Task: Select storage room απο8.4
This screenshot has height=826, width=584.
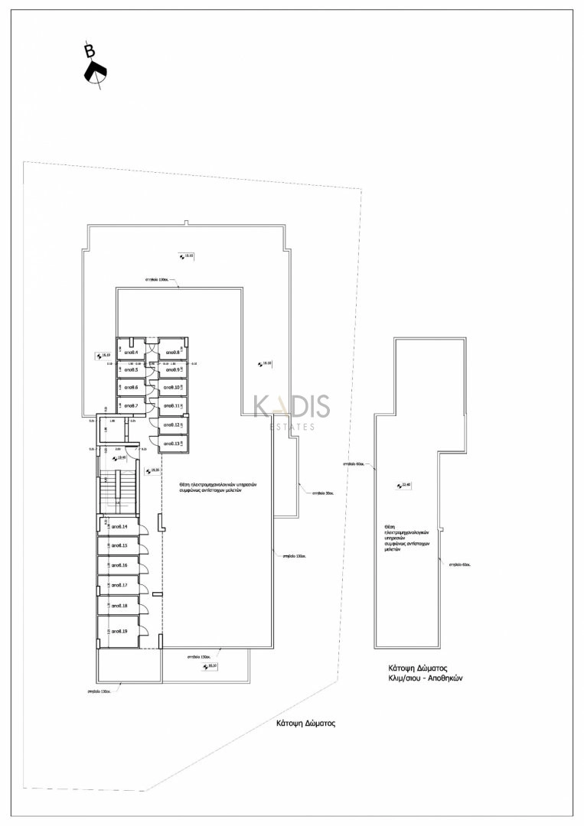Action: pyautogui.click(x=130, y=352)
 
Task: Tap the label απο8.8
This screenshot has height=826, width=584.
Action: pyautogui.click(x=173, y=353)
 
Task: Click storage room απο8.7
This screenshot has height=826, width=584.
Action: pyautogui.click(x=130, y=405)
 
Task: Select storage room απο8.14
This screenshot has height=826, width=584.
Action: pyautogui.click(x=119, y=527)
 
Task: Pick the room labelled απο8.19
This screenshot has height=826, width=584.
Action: pyautogui.click(x=119, y=632)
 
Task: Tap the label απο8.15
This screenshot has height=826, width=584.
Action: pyautogui.click(x=119, y=546)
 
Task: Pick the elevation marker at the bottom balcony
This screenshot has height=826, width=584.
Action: pyautogui.click(x=209, y=667)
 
